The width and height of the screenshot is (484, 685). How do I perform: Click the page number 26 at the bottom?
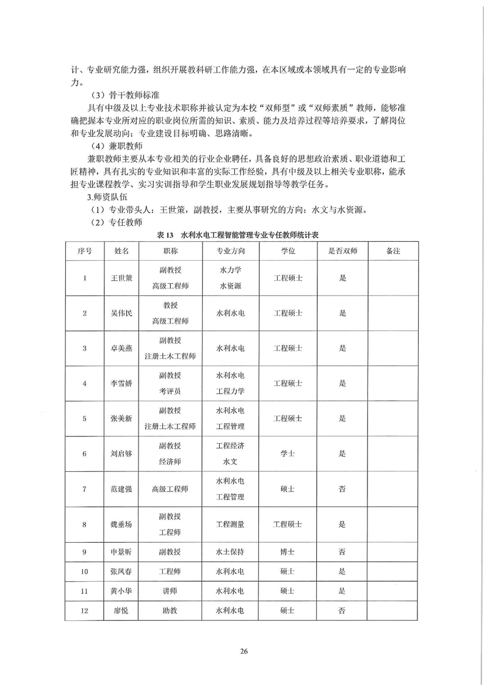pyautogui.click(x=243, y=650)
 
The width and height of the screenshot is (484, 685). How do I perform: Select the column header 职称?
pyautogui.click(x=170, y=250)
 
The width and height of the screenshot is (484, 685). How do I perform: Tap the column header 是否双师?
pyautogui.click(x=342, y=250)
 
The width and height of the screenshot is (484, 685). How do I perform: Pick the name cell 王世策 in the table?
pyautogui.click(x=121, y=278)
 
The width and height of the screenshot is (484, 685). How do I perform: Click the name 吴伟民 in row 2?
pyautogui.click(x=121, y=313)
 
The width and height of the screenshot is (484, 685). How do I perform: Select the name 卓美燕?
pyautogui.click(x=121, y=348)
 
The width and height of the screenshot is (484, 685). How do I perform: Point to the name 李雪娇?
pyautogui.click(x=121, y=383)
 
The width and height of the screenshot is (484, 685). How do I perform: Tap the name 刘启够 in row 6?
pyautogui.click(x=121, y=454)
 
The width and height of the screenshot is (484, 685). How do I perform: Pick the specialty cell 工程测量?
pyautogui.click(x=230, y=524)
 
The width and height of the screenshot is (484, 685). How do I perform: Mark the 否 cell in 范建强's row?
pyautogui.click(x=342, y=488)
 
